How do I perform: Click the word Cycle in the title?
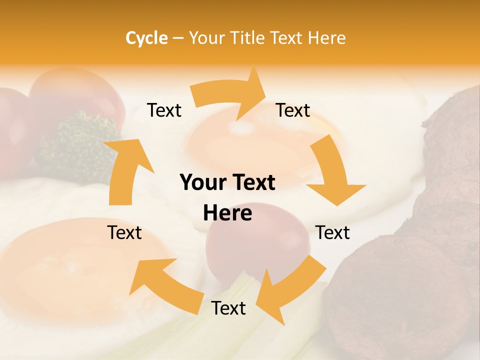[x=146, y=38]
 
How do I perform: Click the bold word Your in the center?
[x=204, y=183]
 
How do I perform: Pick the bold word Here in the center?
[x=227, y=213]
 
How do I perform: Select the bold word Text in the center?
[x=251, y=183]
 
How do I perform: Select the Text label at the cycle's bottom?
[x=228, y=308]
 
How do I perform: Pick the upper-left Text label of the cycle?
[x=164, y=110]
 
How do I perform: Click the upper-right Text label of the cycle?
[x=293, y=110]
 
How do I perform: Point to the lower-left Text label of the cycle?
[x=125, y=232]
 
